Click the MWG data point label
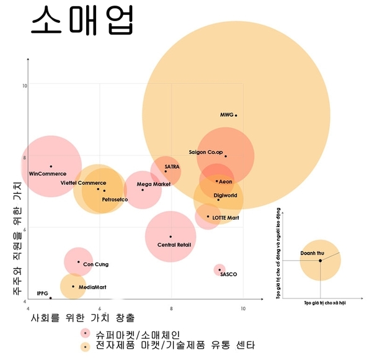[226, 115]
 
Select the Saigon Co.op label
[205, 152]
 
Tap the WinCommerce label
[48, 174]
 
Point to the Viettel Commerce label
[83, 183]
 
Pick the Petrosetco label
[115, 199]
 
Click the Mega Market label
[153, 184]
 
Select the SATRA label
[172, 167]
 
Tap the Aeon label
[225, 181]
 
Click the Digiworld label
[225, 196]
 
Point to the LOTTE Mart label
[226, 218]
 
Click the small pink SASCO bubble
[219, 269]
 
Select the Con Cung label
[95, 264]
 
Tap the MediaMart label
[92, 287]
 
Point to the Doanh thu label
[311, 253]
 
